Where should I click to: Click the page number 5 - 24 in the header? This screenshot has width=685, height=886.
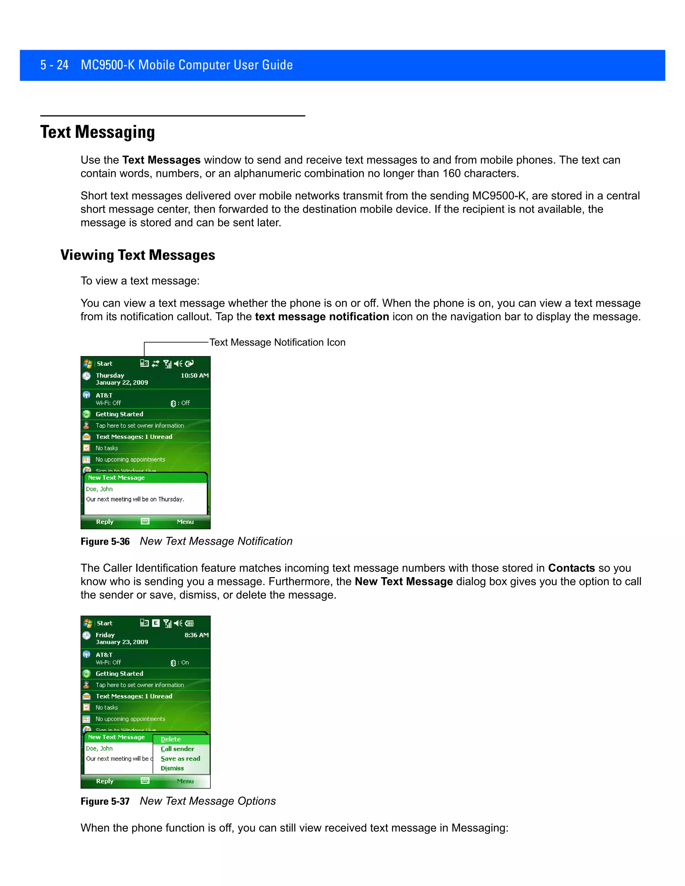tap(55, 65)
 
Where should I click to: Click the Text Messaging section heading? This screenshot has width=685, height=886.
tap(97, 132)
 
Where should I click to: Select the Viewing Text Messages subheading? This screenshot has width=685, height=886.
tap(137, 255)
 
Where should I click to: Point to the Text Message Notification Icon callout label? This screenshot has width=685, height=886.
tap(277, 342)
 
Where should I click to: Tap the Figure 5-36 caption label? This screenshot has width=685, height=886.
tap(105, 542)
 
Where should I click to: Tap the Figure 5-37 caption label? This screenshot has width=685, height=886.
tap(105, 801)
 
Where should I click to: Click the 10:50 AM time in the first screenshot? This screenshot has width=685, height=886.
tap(194, 376)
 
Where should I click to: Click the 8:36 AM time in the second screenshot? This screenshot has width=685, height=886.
tap(196, 635)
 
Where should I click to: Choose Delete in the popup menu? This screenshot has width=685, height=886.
tap(171, 739)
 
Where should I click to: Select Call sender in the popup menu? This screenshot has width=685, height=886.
tap(177, 749)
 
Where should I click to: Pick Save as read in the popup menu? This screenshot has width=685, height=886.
tap(180, 759)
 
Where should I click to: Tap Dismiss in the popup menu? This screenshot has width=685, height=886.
tap(172, 768)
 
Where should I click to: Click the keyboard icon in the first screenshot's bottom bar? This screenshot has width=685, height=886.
tap(145, 521)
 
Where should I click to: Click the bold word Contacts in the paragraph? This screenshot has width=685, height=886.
tap(571, 568)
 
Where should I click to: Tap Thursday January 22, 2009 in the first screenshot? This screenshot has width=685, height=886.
tap(122, 379)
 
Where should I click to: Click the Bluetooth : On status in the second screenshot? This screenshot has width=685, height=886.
tap(180, 662)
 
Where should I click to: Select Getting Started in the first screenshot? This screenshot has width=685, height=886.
tap(119, 414)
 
